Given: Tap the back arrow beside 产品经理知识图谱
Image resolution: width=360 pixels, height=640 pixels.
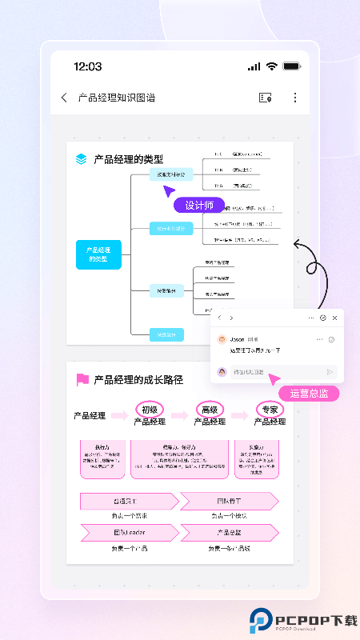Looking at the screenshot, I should [x=64, y=98].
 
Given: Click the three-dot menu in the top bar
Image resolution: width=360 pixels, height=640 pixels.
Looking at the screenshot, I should [x=294, y=98].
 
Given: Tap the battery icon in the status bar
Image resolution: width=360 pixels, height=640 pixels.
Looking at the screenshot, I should [x=291, y=66].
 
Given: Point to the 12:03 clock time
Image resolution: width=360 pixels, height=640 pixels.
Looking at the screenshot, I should [x=87, y=66].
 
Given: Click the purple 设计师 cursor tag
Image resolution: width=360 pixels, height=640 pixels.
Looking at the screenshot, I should [x=199, y=206].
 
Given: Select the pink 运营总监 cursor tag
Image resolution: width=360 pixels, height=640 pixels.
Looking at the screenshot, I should [x=309, y=394].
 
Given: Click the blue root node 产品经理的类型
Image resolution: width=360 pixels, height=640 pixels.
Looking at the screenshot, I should [x=98, y=254].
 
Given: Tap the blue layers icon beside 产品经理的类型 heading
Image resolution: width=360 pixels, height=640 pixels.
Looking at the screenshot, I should [x=82, y=159].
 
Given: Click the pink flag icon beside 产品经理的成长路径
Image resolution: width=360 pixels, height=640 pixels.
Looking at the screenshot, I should [x=82, y=379].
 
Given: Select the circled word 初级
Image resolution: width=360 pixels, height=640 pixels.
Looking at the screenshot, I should [x=150, y=410].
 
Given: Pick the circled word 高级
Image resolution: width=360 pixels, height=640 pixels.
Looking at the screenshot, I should [x=210, y=410].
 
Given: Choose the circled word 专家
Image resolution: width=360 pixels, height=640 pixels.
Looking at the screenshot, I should [x=270, y=410].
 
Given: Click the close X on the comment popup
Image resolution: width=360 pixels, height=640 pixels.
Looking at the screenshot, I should [x=334, y=318].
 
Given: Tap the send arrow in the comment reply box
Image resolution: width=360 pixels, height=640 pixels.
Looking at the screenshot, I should [x=330, y=372].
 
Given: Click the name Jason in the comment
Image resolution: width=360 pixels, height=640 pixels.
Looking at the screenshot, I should [x=237, y=339].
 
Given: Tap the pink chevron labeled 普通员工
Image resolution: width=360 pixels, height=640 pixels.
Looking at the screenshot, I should [x=129, y=502].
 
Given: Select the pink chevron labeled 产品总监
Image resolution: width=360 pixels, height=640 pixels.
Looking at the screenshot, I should [x=229, y=532].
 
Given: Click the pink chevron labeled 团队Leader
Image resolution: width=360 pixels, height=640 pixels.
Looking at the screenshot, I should [x=129, y=532].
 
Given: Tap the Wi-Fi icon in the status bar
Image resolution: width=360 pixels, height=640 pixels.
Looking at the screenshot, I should [x=272, y=66].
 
